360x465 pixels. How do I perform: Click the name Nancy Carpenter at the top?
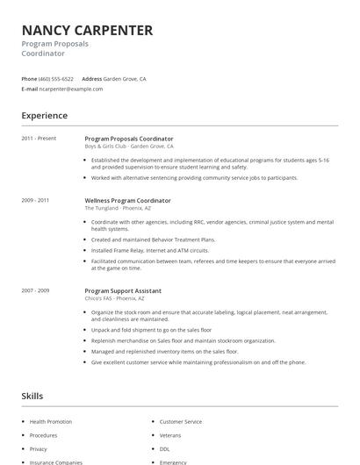[87, 31]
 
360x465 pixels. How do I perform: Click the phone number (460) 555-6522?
[56, 79]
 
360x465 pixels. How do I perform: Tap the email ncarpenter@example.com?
[71, 89]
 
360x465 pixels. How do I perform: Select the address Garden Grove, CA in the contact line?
[126, 79]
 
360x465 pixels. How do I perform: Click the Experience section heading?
[44, 115]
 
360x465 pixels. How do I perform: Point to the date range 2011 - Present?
[39, 139]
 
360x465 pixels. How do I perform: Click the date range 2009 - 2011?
[35, 200]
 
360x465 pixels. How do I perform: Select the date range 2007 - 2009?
[35, 290]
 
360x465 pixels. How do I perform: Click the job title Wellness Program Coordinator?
[127, 200]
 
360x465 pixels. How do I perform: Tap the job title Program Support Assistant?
[122, 290]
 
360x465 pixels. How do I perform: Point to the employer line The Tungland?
[119, 208]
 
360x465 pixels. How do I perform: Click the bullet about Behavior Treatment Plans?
[153, 240]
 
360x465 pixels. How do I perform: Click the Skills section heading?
[32, 397]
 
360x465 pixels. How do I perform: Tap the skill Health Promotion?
[51, 422]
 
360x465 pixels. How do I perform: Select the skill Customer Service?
[180, 422]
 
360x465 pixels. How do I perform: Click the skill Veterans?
[169, 435]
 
